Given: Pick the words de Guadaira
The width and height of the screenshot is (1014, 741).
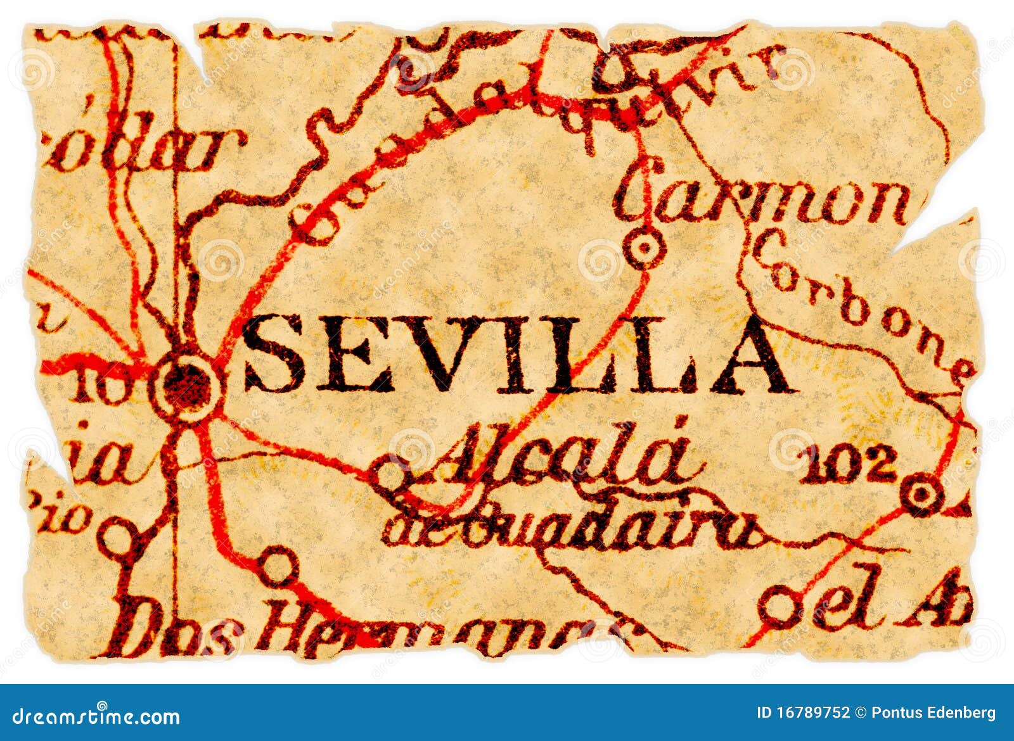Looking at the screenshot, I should coord(570,529).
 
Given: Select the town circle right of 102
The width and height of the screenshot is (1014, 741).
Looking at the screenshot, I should coord(921,493).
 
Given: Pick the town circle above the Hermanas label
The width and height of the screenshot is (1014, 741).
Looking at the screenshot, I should coord(278,566).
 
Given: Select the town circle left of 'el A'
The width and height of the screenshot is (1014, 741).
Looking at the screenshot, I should coord(780,605).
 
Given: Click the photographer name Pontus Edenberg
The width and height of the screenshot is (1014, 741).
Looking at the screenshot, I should coord(933,712).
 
